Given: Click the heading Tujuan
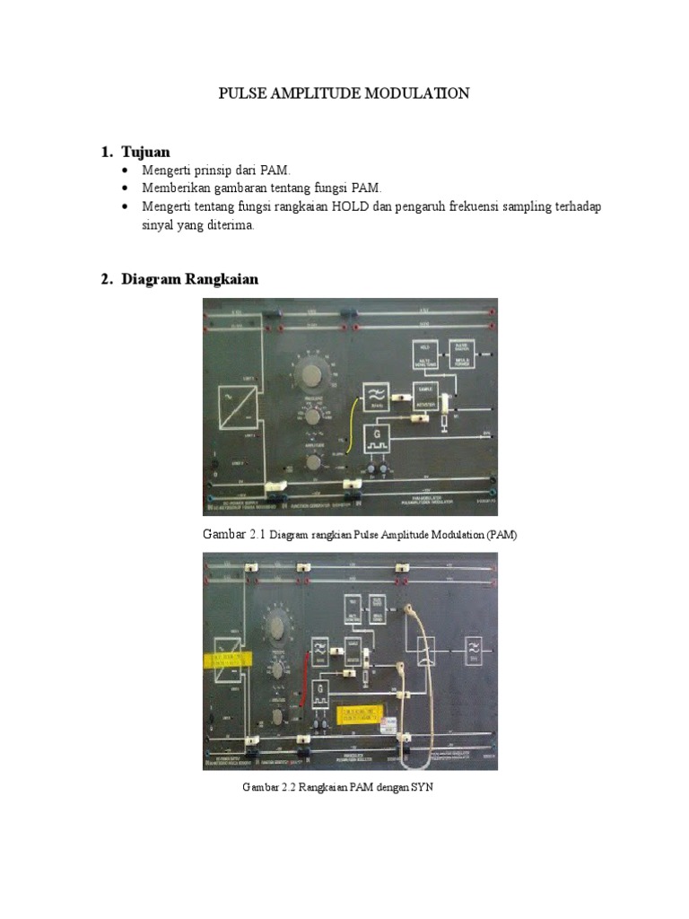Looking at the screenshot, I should [145, 151].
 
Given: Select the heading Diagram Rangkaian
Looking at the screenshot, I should [190, 279].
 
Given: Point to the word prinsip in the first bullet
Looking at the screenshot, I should [219, 169].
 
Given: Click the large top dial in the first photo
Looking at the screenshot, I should [311, 375].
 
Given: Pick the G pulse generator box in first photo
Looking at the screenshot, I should [375, 439].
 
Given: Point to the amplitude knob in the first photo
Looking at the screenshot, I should [312, 462].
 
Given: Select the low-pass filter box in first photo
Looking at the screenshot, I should [375, 396].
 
